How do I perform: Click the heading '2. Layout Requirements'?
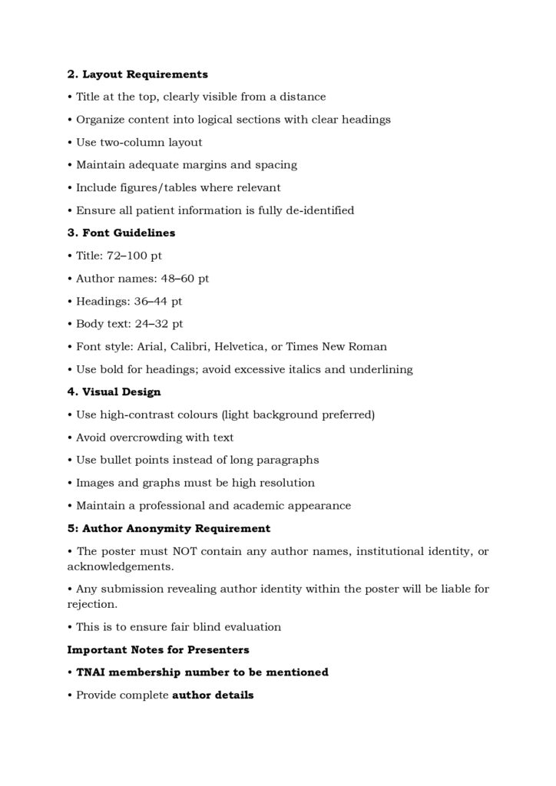point(137,74)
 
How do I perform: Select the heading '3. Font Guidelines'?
point(121,233)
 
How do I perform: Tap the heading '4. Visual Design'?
point(114,392)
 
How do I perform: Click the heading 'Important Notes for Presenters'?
point(158,650)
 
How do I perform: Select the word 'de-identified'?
point(319,210)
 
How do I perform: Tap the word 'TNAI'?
point(93,672)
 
